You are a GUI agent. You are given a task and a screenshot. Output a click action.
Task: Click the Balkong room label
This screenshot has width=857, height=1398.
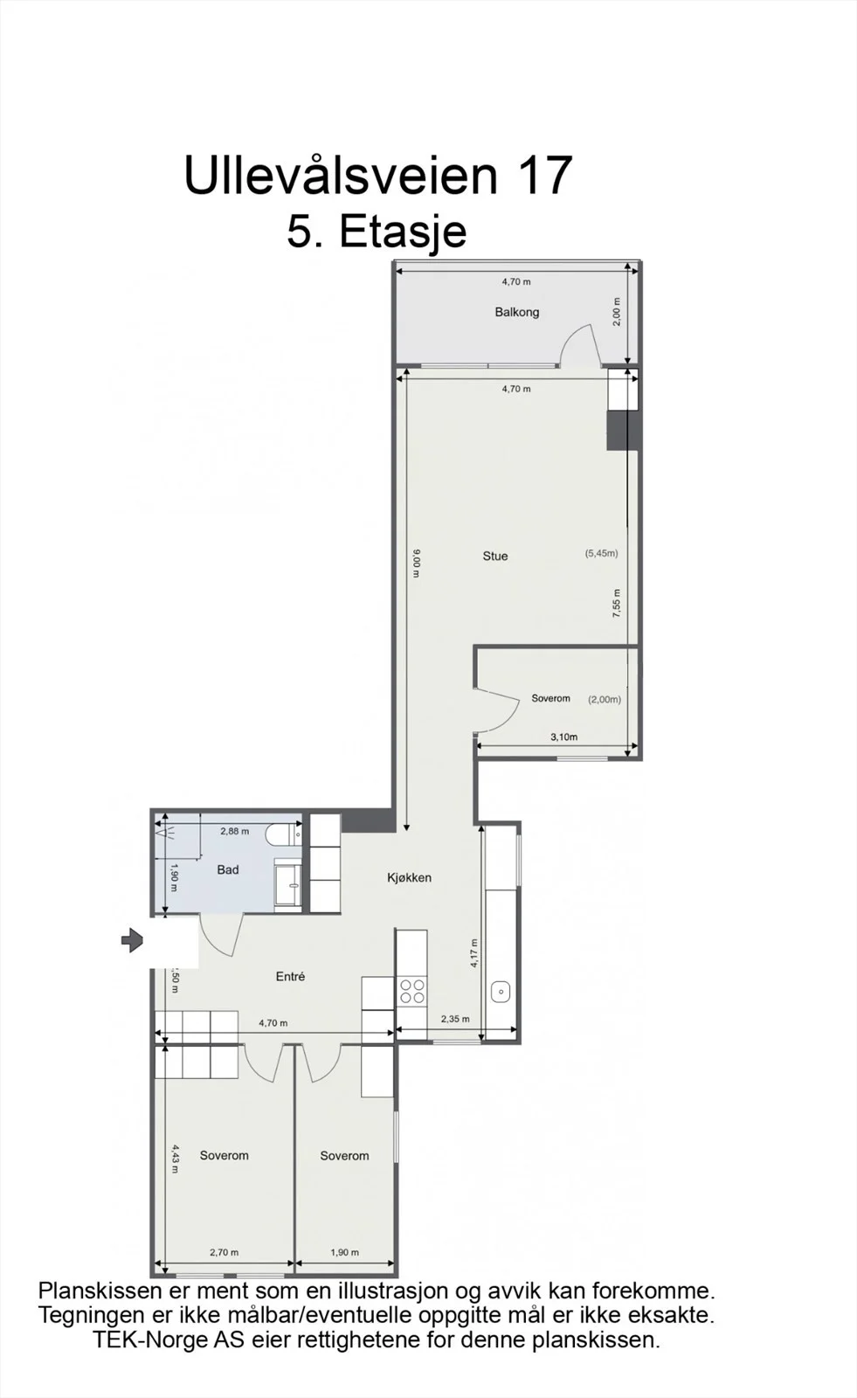point(517,312)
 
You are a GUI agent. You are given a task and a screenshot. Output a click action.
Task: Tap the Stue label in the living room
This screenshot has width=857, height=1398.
point(495,556)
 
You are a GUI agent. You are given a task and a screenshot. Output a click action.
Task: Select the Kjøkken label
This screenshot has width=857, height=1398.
point(409,877)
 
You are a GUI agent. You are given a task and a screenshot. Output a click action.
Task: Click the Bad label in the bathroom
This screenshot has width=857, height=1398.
point(228,869)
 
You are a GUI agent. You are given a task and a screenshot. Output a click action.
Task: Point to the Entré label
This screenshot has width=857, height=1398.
point(290,976)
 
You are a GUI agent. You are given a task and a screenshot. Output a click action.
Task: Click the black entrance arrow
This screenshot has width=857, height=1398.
point(132,940)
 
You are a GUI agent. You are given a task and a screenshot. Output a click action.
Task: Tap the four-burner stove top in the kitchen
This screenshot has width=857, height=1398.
point(412,991)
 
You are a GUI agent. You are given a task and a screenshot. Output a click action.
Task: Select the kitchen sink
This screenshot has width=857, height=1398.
point(501,992)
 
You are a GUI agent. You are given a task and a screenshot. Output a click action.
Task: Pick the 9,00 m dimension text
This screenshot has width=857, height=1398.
point(417,563)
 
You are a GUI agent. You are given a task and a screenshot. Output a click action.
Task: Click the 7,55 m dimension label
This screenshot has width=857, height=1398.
point(617,603)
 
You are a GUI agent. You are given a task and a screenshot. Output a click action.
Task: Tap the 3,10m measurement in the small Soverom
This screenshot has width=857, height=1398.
point(563,737)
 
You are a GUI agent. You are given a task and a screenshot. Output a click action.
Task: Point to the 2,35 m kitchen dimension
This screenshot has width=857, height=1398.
point(455,1019)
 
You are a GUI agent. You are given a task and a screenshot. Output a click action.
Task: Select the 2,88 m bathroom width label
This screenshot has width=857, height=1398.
point(235,831)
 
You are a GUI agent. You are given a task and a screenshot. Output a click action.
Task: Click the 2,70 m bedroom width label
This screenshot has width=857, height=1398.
point(225,1253)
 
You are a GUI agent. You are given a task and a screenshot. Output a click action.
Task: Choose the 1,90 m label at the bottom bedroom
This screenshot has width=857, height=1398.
point(344,1253)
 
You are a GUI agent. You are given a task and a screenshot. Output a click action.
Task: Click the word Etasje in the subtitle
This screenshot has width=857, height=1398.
point(404,232)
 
